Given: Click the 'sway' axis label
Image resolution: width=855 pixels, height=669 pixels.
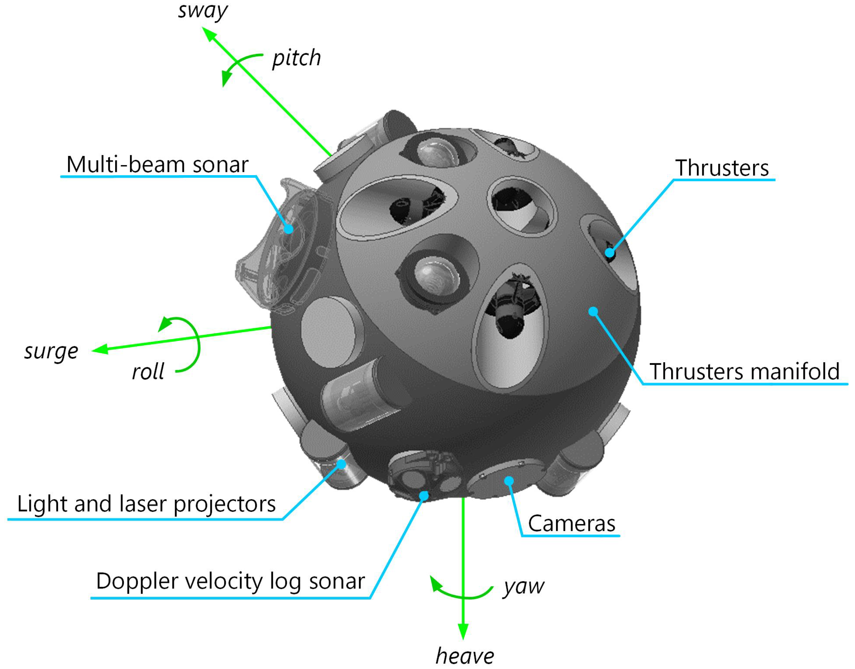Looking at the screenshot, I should [x=203, y=11].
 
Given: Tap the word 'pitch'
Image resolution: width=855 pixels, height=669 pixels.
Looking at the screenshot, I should [x=296, y=59].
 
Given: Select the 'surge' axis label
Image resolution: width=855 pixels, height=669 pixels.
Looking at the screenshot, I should [x=51, y=351].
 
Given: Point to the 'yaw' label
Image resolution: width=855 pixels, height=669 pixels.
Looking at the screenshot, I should [x=524, y=587].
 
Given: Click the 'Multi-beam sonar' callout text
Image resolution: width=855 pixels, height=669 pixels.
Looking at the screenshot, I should [x=158, y=164].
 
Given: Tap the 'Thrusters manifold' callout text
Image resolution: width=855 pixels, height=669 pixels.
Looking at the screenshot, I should [x=744, y=371].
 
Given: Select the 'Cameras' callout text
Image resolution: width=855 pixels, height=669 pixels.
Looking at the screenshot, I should [x=571, y=524].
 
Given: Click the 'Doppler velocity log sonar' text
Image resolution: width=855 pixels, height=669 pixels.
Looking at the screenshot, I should [x=230, y=581].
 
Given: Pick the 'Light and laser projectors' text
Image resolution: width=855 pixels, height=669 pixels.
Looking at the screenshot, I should [x=147, y=504].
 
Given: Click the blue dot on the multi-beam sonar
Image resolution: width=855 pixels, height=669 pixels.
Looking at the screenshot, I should [x=288, y=229].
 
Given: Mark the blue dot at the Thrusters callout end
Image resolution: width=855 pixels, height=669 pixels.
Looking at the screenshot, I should [x=610, y=253].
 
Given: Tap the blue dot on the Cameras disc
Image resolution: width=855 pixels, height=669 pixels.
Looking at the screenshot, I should [x=509, y=481].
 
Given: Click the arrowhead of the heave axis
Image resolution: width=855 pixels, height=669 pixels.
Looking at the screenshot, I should [x=463, y=631].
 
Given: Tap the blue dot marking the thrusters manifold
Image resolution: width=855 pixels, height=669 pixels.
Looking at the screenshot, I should [x=593, y=311].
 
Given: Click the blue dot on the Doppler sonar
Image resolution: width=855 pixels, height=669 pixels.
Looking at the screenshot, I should [x=424, y=496].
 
